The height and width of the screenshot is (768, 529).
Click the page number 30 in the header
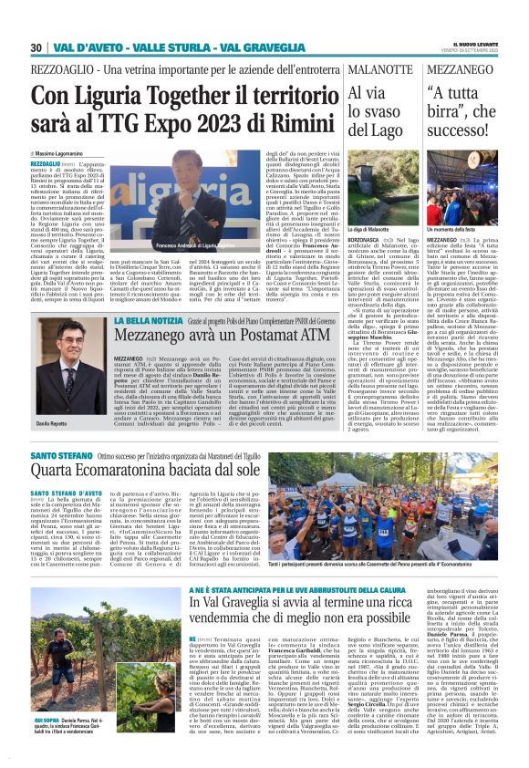coord(36,47)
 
